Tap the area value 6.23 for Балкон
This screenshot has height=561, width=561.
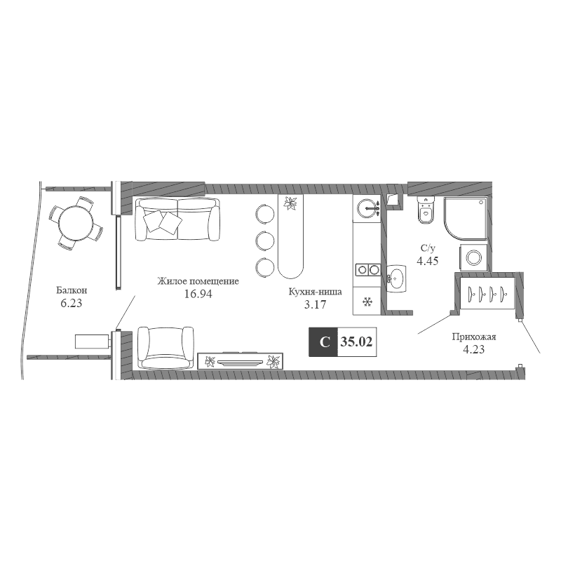[72, 304]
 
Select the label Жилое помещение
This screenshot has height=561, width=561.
[198, 282]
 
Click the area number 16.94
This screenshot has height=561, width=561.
[198, 294]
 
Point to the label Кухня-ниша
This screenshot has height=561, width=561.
[315, 292]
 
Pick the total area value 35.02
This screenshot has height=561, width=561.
[356, 342]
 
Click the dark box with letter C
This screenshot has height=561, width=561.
[323, 342]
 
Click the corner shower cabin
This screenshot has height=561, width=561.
[465, 217]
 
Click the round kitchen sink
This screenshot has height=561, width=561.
[367, 208]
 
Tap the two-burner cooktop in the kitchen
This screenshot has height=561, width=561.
[367, 269]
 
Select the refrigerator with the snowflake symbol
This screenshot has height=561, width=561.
[367, 302]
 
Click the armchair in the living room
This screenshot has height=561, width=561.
[165, 347]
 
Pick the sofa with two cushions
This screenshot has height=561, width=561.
[177, 219]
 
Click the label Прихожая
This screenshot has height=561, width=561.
[474, 337]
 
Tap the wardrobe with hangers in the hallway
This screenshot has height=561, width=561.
[487, 293]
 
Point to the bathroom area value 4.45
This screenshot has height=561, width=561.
[428, 261]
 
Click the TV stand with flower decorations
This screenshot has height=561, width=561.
[241, 361]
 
